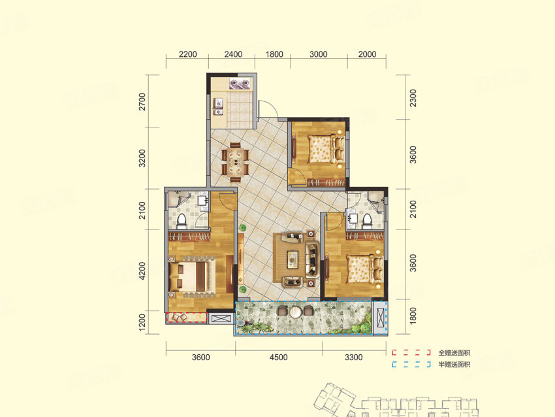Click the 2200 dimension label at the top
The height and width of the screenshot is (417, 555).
point(187,54)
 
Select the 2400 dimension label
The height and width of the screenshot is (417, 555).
point(233,54)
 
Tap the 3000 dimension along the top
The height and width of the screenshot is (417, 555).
point(318,54)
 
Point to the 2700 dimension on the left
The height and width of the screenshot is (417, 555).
point(142,102)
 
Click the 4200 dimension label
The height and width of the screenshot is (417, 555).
point(142,271)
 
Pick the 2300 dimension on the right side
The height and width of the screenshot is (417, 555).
point(413,98)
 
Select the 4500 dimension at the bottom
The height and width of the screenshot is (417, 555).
point(278,357)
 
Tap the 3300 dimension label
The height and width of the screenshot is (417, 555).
point(354,357)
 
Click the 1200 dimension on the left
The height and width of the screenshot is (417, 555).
point(142,322)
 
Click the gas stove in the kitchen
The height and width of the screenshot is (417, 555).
point(240,84)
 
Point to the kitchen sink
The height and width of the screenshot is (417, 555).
point(217,107)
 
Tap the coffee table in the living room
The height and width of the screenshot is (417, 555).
point(293,259)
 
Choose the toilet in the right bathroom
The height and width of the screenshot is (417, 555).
point(367,220)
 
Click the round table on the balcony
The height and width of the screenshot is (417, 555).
point(294,312)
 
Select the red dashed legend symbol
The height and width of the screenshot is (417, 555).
point(411,352)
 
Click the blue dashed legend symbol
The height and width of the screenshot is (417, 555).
point(411,364)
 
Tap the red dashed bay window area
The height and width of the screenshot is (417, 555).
point(187,318)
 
